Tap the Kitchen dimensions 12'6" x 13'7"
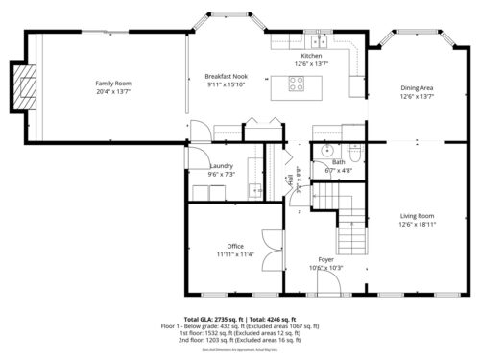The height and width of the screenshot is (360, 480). pos(311,64)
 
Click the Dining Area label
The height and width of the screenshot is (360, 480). pos(417,88)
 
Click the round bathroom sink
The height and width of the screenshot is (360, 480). pos(325,151)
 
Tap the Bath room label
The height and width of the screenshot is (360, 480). pos(339,163)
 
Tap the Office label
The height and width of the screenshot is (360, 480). pos(235,247)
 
